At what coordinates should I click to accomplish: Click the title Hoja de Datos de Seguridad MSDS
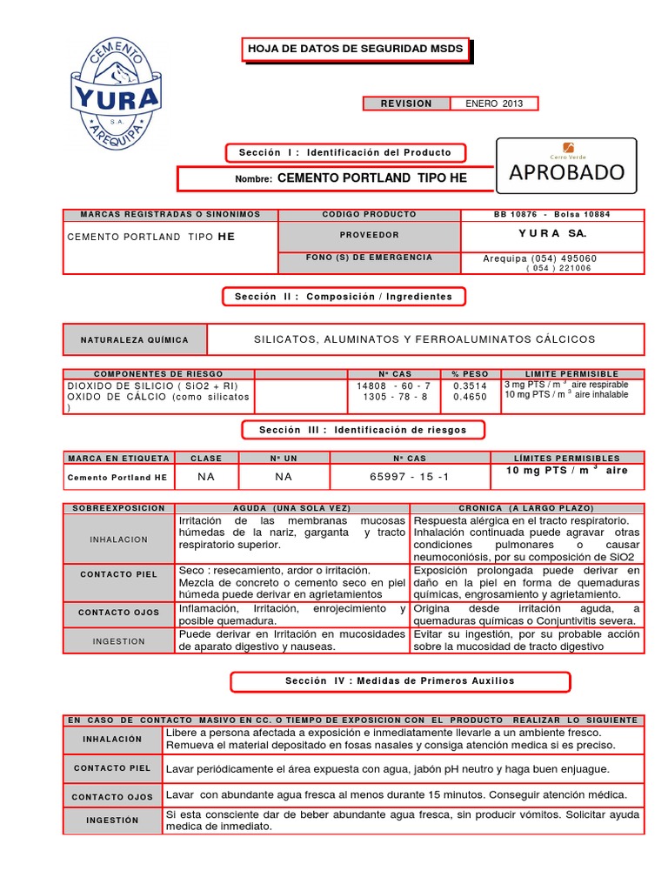pyautogui.click(x=355, y=50)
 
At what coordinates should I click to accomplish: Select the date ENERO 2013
pyautogui.click(x=494, y=104)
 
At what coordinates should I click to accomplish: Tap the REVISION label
pyautogui.click(x=406, y=104)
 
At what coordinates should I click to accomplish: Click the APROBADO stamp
pyautogui.click(x=566, y=171)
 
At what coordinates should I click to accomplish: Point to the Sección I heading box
pyautogui.click(x=345, y=153)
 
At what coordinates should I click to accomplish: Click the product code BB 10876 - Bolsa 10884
pyautogui.click(x=552, y=214)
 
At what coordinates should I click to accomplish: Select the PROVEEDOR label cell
pyautogui.click(x=369, y=235)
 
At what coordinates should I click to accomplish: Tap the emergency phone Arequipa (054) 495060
pyautogui.click(x=540, y=258)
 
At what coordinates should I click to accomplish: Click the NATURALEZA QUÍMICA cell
pyautogui.click(x=135, y=339)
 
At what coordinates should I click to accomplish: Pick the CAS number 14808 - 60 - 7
pyautogui.click(x=393, y=385)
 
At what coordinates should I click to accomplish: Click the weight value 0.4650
pyautogui.click(x=469, y=397)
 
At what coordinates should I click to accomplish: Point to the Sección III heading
pyautogui.click(x=363, y=430)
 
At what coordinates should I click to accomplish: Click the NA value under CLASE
pyautogui.click(x=206, y=477)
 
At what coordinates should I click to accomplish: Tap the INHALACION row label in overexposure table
pyautogui.click(x=119, y=539)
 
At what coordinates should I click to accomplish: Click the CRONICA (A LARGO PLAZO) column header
pyautogui.click(x=526, y=507)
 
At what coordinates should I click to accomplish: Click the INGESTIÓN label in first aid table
pyautogui.click(x=112, y=821)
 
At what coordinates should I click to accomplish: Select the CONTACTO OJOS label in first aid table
pyautogui.click(x=112, y=796)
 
